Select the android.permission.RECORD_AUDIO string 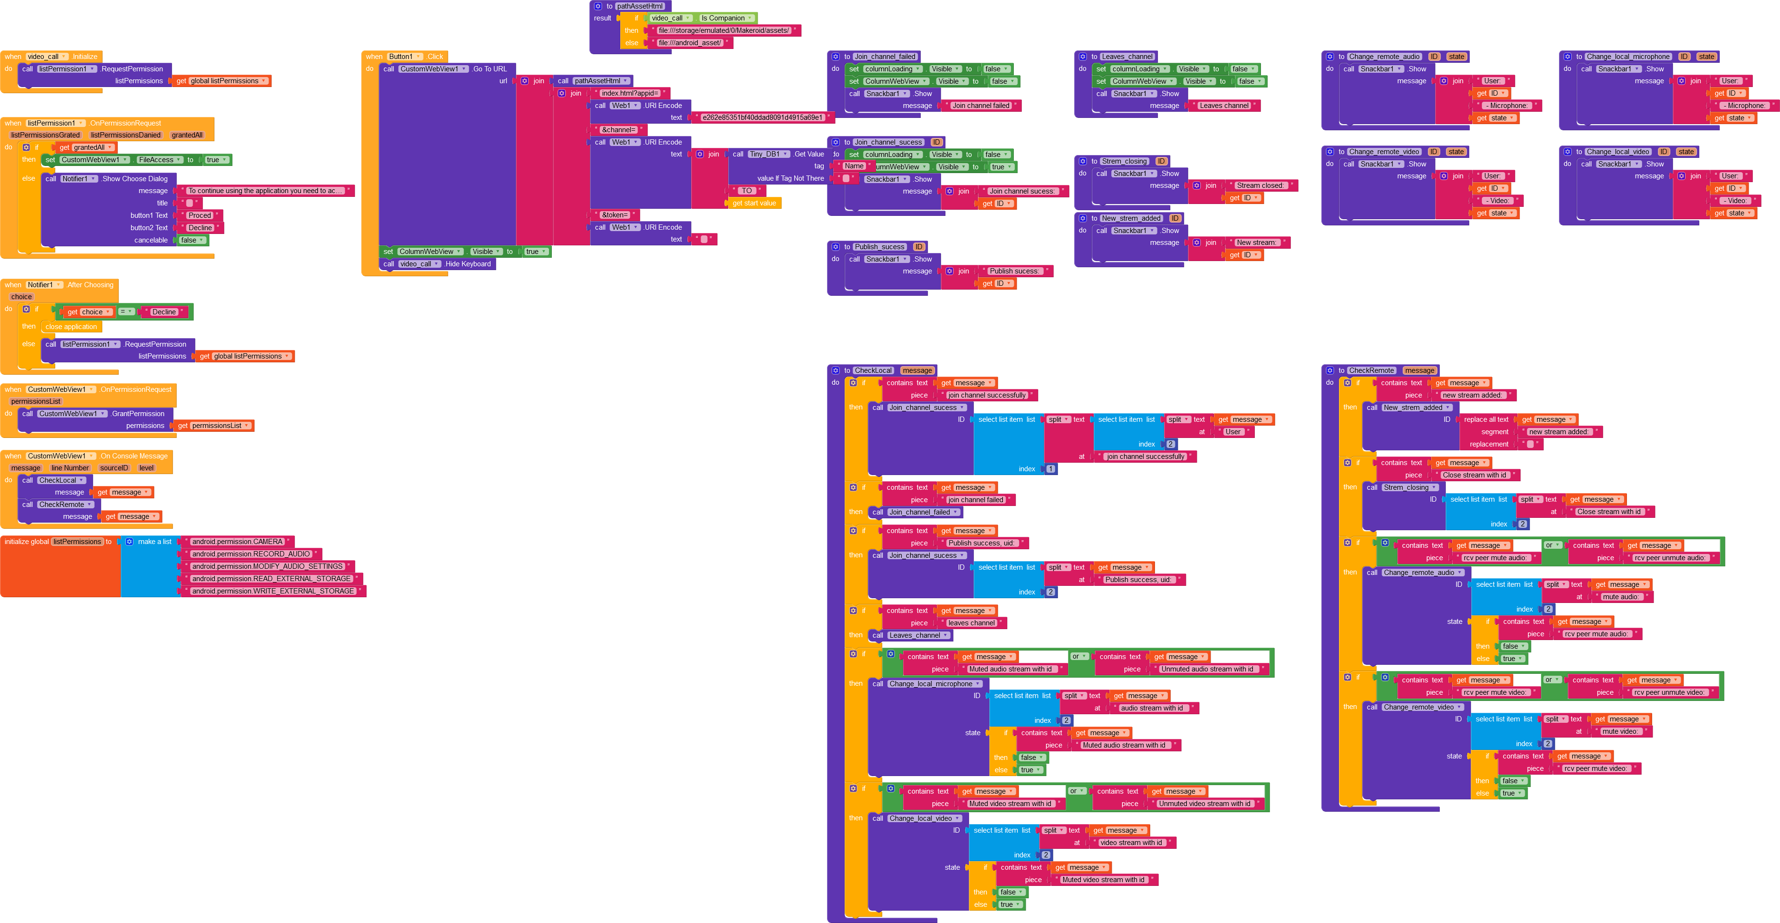coord(251,554)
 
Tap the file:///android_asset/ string coord(689,43)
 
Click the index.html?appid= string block coord(629,93)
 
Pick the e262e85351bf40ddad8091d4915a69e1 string coord(762,117)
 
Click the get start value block coord(754,203)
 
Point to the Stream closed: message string coord(1260,186)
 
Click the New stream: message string coord(1256,243)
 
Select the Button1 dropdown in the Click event coord(404,57)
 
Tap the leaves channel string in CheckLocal coord(971,623)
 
